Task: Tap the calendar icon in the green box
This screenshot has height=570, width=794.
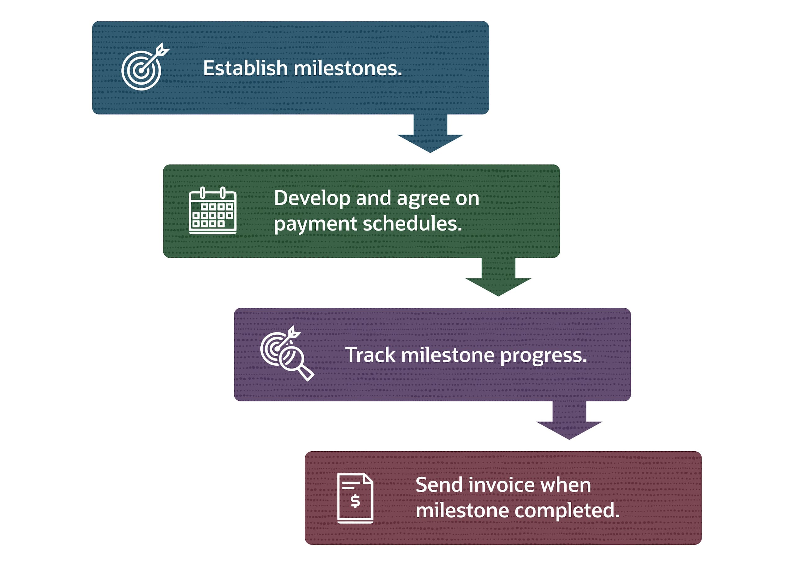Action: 212,211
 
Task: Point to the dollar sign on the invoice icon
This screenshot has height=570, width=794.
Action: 355,501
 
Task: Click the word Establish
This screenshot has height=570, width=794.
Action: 245,68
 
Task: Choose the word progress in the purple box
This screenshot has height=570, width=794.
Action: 543,356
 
